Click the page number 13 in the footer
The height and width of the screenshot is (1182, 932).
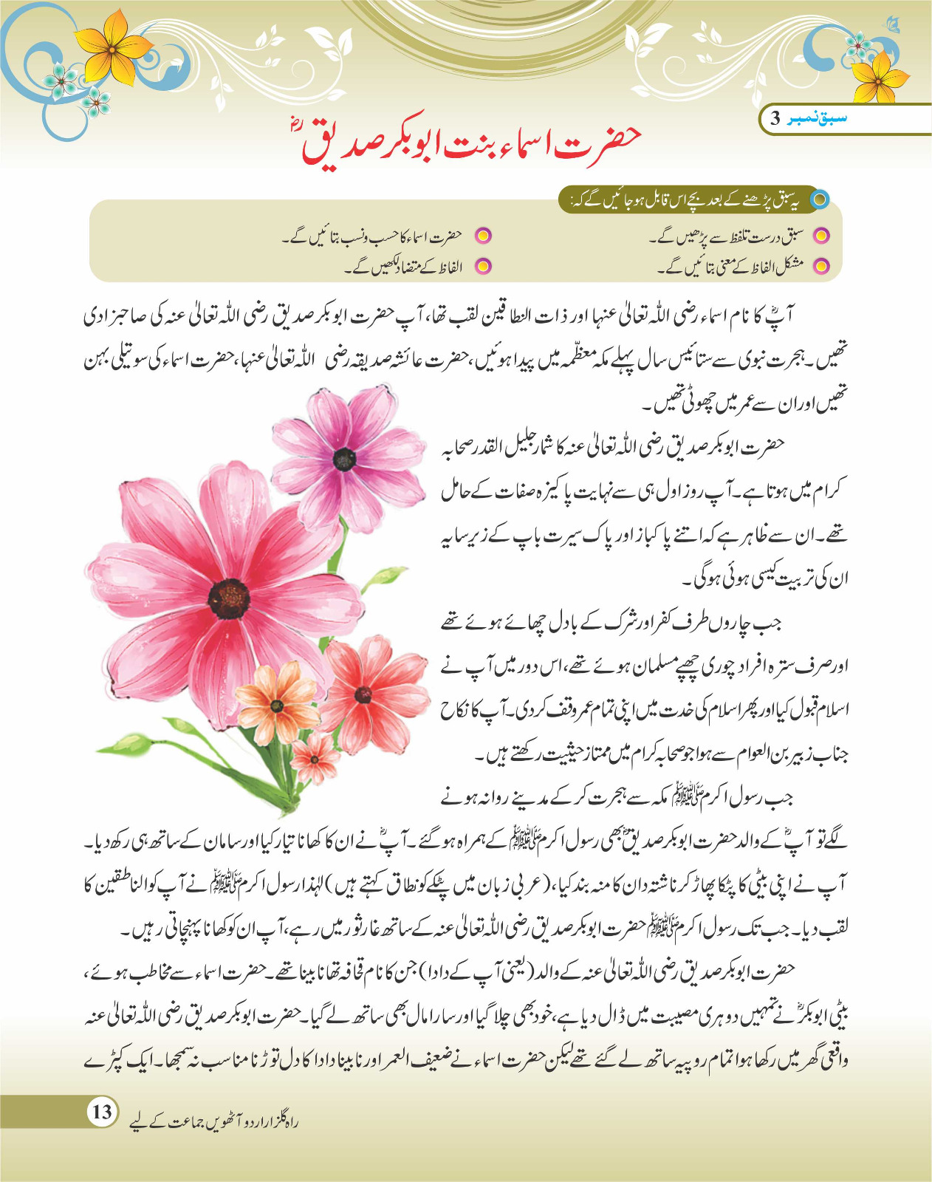(102, 1111)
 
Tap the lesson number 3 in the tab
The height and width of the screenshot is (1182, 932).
(775, 118)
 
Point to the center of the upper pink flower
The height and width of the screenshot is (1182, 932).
(344, 460)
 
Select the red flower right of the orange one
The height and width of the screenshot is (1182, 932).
(363, 694)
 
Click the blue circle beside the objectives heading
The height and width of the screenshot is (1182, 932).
(820, 199)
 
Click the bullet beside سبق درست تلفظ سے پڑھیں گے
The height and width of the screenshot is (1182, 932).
(820, 236)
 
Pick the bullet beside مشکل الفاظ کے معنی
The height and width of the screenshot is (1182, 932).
(820, 266)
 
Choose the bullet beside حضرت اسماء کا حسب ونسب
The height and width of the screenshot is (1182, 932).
(482, 236)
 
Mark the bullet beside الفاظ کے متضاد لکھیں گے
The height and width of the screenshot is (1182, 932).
(482, 266)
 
